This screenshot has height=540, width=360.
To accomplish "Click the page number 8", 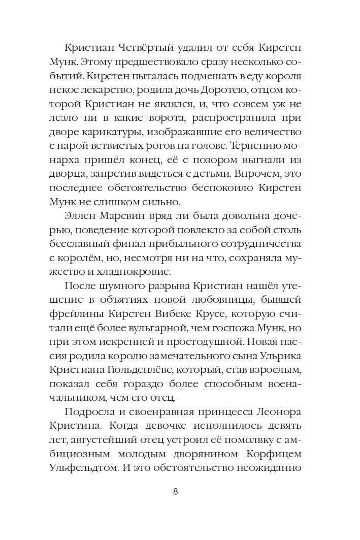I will coord(175,491).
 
